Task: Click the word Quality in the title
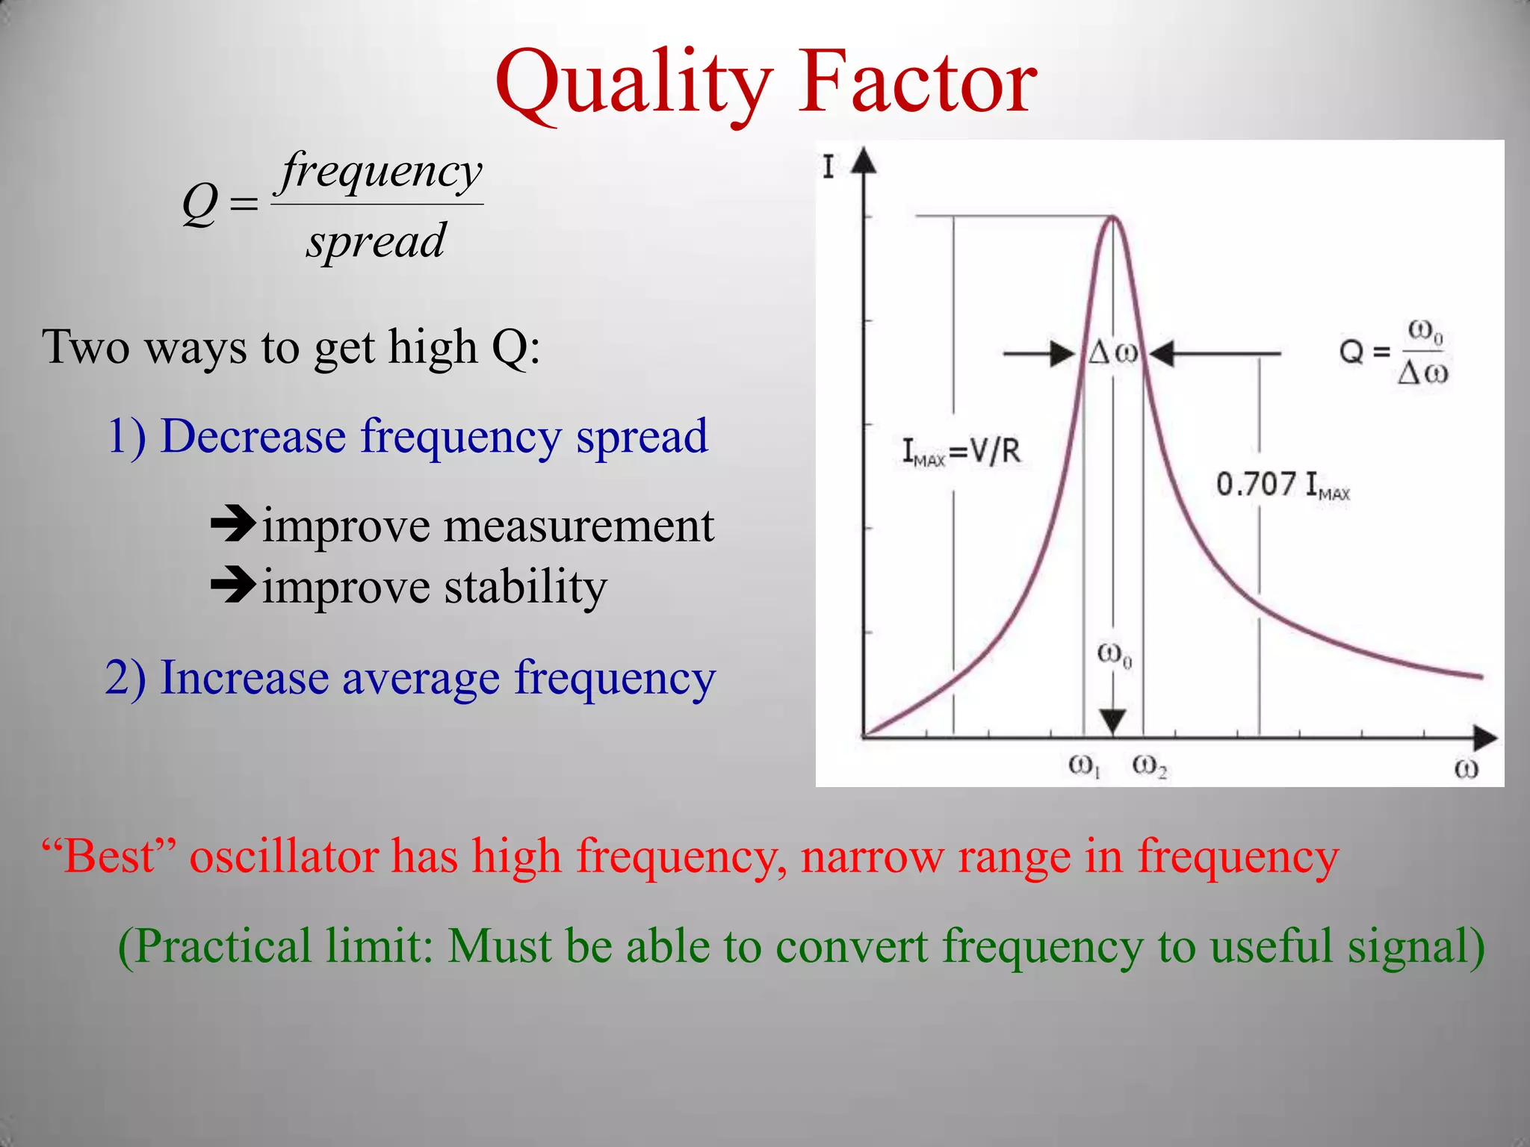point(634,84)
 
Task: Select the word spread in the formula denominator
point(376,240)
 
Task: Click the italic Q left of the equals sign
point(200,203)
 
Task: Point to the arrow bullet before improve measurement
point(233,525)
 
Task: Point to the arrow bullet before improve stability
point(233,585)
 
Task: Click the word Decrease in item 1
point(253,436)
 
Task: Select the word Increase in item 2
point(244,678)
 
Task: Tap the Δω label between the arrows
point(1112,352)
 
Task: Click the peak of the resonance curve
point(1113,217)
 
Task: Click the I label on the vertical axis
point(828,167)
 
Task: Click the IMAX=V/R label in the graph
point(961,451)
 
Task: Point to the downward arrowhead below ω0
point(1113,721)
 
